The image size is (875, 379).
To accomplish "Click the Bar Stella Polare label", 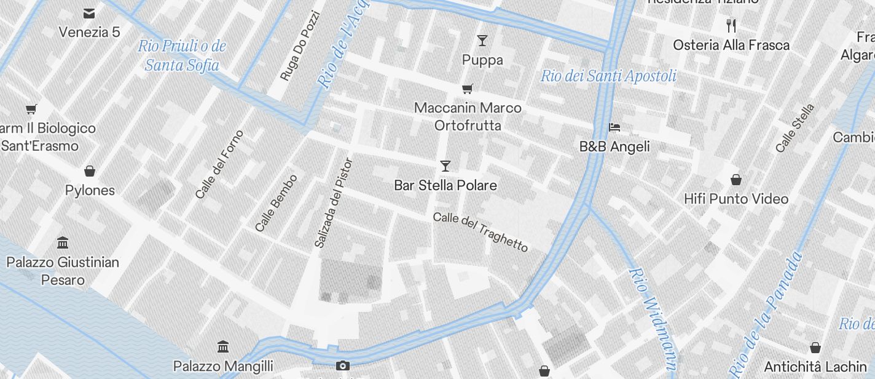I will [x=445, y=185].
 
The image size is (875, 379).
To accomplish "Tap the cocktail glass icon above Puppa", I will [x=482, y=41].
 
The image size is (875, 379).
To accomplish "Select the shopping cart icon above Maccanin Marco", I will [x=468, y=89].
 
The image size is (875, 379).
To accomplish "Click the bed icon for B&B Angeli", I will [x=614, y=127].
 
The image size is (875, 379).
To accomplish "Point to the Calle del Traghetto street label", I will [x=481, y=232].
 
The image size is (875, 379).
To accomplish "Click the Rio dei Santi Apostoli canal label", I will [x=608, y=76].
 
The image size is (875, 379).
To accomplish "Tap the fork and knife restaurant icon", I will [x=731, y=26].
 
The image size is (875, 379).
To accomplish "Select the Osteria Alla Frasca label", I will [x=731, y=45].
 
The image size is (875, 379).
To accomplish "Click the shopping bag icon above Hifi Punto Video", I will [x=736, y=180].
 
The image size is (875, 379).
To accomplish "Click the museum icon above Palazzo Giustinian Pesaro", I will [x=63, y=242].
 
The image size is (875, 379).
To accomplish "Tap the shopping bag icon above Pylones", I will [x=90, y=170].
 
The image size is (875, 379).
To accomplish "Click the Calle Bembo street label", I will [x=277, y=203].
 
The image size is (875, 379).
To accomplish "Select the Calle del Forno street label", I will [x=219, y=164].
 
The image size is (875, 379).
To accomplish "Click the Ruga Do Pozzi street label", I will [x=300, y=46].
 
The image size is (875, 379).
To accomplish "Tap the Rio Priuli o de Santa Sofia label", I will [x=182, y=55].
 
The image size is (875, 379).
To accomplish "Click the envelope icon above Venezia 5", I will [x=89, y=13].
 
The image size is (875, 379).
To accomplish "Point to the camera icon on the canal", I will [x=343, y=365].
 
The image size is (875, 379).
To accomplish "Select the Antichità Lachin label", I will [x=815, y=367].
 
